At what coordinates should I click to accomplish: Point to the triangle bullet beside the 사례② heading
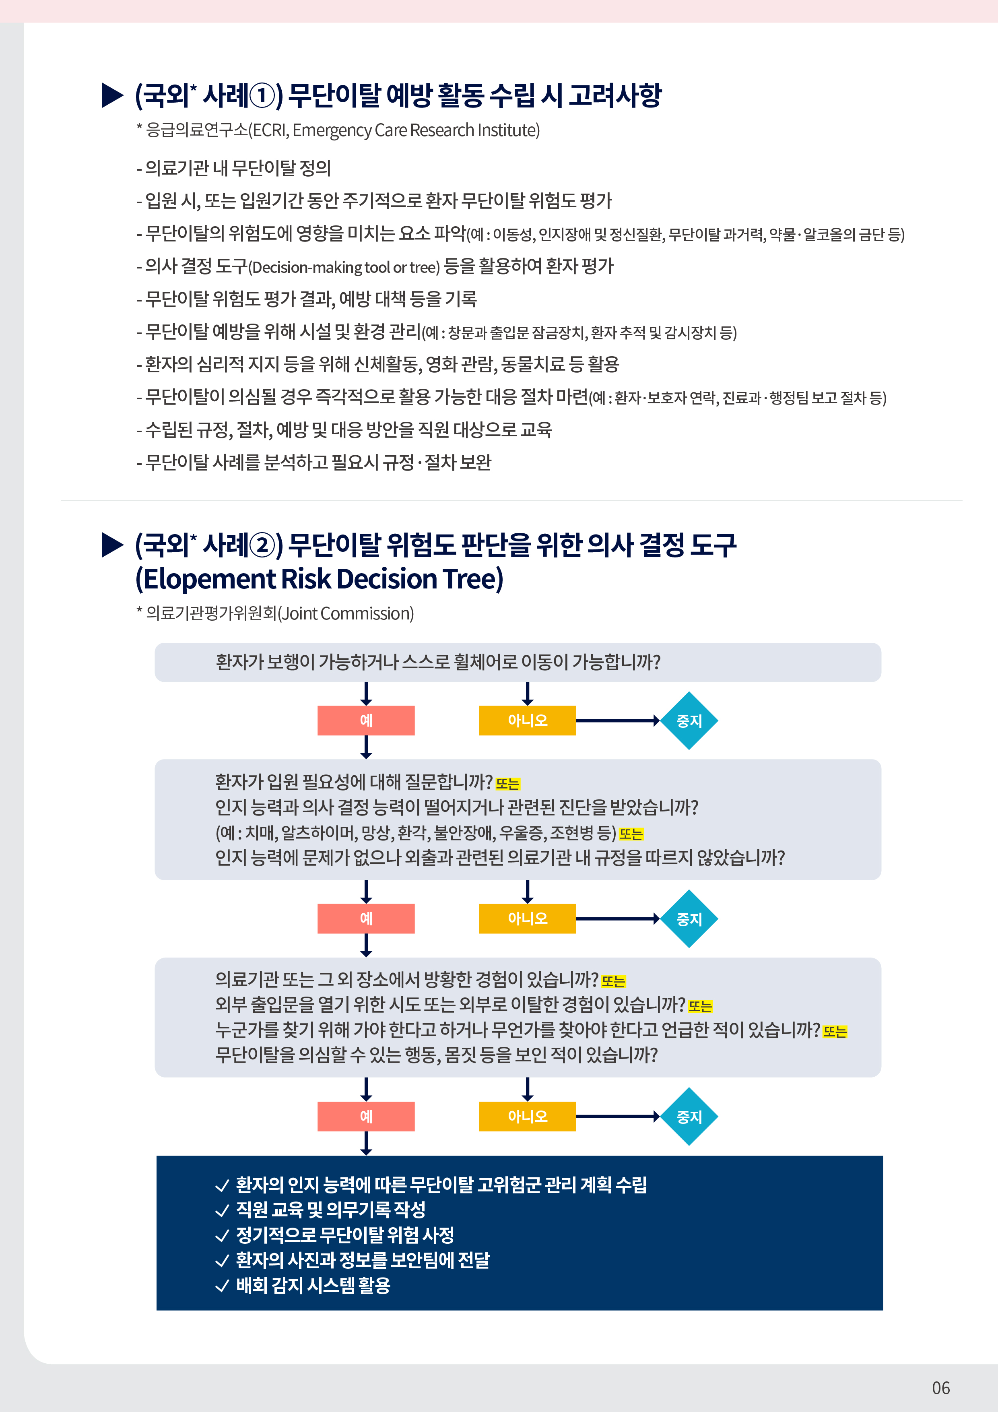pyautogui.click(x=113, y=545)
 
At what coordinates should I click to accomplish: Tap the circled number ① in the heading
pyautogui.click(x=262, y=95)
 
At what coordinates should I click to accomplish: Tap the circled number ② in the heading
pyautogui.click(x=262, y=545)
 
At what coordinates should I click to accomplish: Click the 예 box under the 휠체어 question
pyautogui.click(x=366, y=720)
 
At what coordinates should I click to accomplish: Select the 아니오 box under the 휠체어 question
pyautogui.click(x=528, y=720)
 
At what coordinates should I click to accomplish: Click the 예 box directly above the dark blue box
pyautogui.click(x=366, y=1116)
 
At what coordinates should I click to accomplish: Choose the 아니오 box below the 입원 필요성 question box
pyautogui.click(x=528, y=918)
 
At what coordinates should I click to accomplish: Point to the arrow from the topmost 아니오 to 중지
pyautogui.click(x=618, y=720)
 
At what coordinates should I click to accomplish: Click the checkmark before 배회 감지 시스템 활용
pyautogui.click(x=222, y=1286)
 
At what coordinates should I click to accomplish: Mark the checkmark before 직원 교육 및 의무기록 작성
pyautogui.click(x=222, y=1211)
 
